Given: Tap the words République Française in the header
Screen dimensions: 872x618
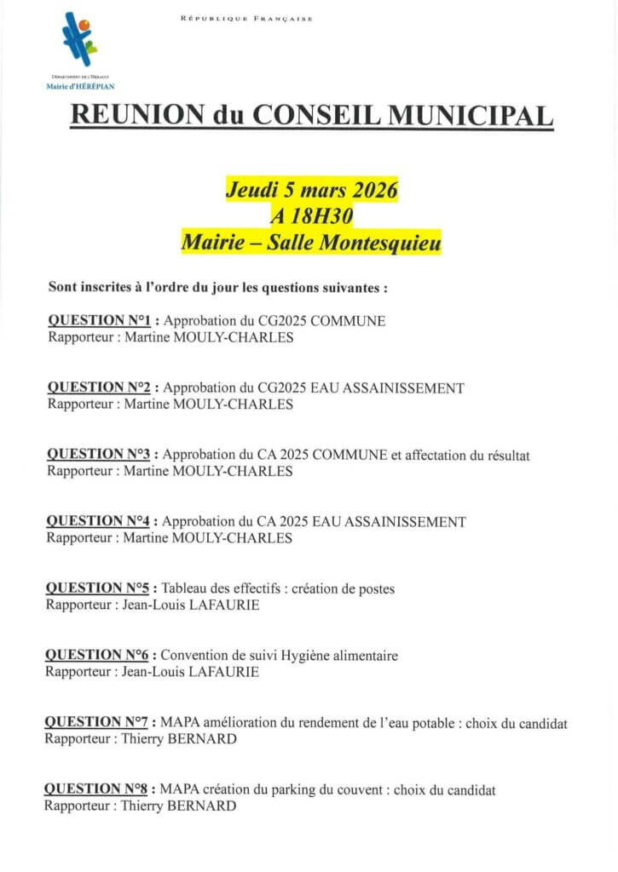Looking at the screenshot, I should tap(246, 19).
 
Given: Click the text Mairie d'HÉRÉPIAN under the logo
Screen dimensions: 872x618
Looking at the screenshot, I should tap(80, 86).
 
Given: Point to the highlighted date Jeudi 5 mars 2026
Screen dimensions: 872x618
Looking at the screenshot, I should tap(311, 190).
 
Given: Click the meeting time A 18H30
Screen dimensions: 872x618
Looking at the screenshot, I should tap(311, 216).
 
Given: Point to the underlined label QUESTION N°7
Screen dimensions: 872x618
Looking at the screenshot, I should tap(96, 723).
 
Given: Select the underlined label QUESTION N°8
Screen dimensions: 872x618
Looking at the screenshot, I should tap(96, 789).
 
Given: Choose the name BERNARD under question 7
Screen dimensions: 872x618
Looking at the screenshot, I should tap(205, 739).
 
